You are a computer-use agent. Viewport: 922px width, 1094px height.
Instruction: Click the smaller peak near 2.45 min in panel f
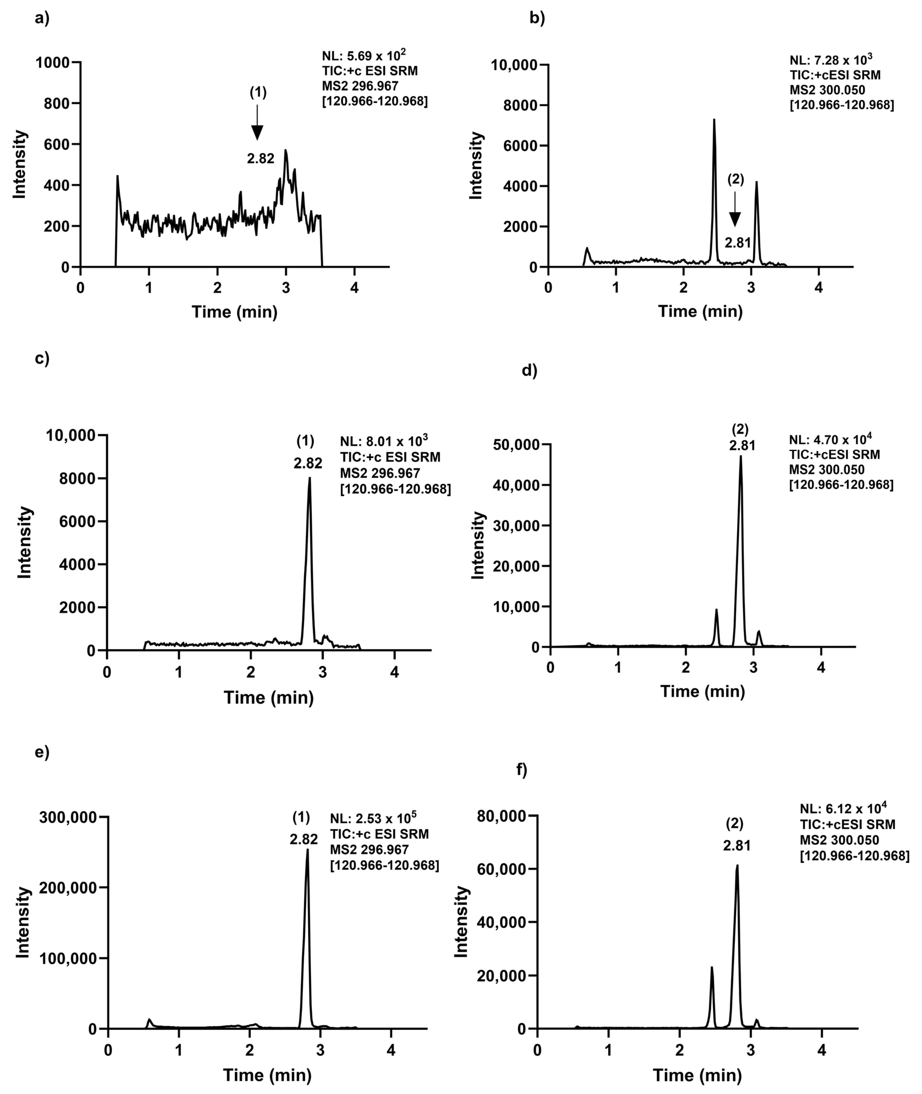click(x=711, y=969)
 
